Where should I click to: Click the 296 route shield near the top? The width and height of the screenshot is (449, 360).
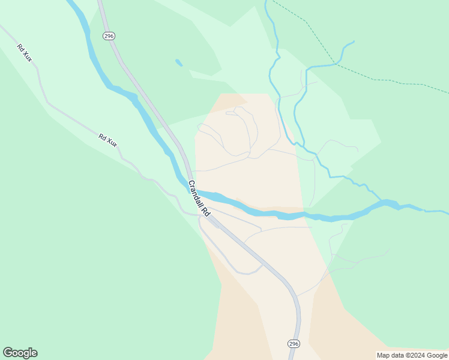click(109, 37)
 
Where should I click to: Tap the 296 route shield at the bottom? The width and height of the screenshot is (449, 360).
click(293, 343)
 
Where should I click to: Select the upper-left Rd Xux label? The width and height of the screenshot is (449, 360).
click(25, 53)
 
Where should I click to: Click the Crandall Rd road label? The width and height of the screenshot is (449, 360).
click(199, 199)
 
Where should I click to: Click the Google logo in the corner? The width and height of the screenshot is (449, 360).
click(20, 353)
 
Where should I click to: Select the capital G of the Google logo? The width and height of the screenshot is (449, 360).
click(8, 353)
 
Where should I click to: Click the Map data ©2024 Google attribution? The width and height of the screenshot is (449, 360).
click(412, 355)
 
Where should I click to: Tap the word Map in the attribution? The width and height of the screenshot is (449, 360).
click(383, 355)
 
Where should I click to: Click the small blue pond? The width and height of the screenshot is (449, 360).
click(178, 62)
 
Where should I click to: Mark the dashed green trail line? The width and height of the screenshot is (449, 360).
click(360, 74)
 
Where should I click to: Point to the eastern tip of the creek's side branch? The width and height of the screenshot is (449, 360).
click(354, 41)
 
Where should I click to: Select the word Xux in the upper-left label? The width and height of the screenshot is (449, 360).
click(28, 56)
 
